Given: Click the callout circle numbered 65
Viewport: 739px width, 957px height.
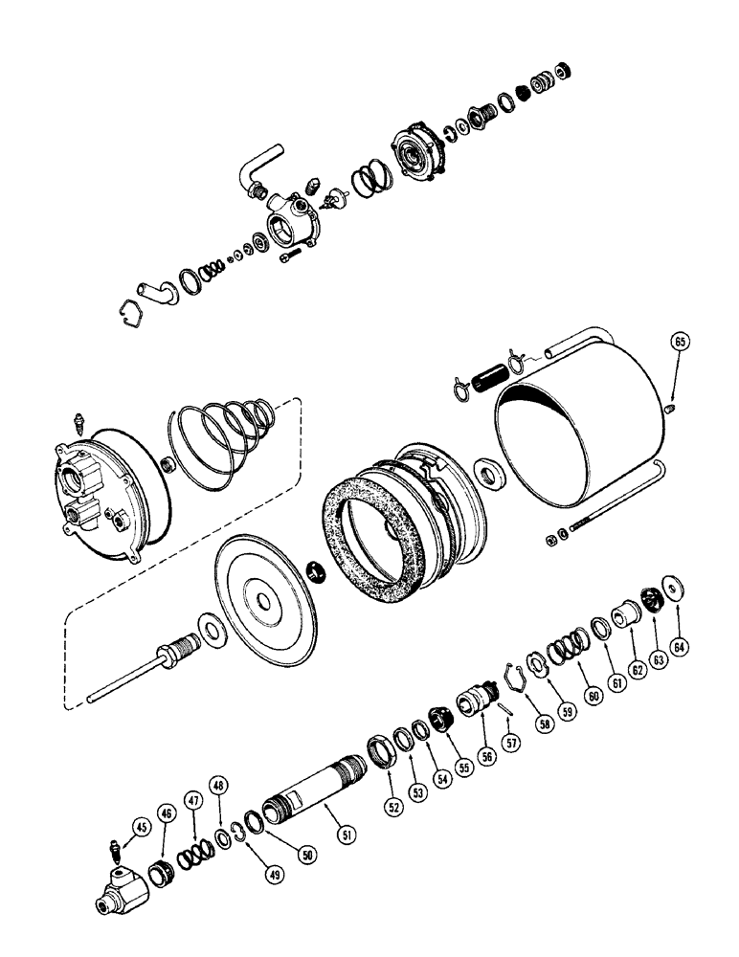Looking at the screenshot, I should click(680, 342).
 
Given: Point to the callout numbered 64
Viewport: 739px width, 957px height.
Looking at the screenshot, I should click(681, 648).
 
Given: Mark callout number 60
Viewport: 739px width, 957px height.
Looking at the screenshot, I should click(593, 696).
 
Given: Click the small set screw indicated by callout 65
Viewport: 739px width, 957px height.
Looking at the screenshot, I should click(668, 409).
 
